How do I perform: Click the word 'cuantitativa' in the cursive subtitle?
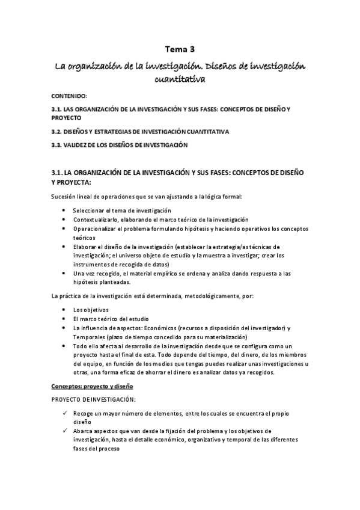point(180,79)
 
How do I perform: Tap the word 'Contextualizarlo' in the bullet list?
point(96,220)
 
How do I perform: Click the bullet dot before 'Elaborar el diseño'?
point(64,247)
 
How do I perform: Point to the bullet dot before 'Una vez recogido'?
point(64,274)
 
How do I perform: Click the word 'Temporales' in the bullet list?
point(88,337)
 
